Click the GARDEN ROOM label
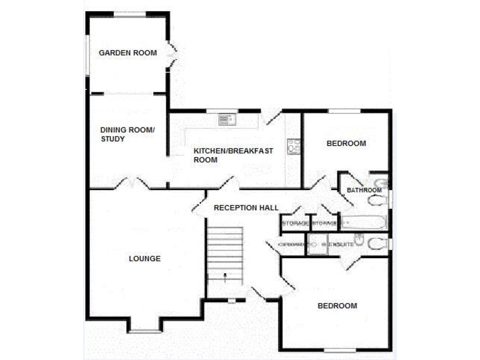(127, 52)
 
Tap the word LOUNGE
(144, 259)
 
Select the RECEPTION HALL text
(246, 207)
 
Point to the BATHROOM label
(364, 190)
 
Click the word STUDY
(112, 139)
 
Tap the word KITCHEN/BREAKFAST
(224, 151)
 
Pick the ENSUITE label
(341, 244)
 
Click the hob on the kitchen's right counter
(293, 146)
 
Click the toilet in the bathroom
(377, 201)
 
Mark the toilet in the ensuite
(377, 243)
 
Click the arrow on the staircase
(225, 274)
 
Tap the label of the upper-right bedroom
(346, 144)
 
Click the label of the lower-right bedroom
(337, 306)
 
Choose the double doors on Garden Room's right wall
(172, 55)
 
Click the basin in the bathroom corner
(382, 182)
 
